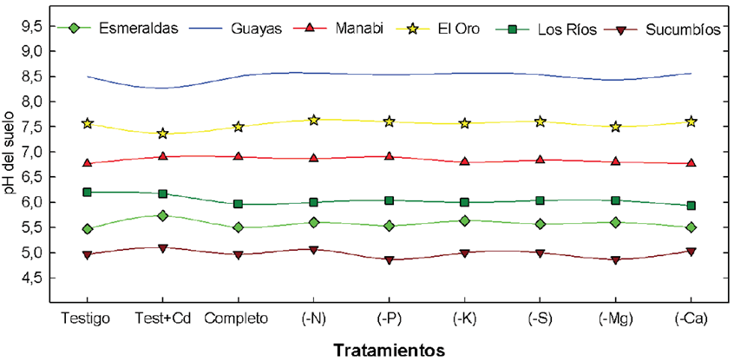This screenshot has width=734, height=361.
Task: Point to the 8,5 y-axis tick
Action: click(31, 76)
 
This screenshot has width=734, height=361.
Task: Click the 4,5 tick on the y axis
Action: click(31, 279)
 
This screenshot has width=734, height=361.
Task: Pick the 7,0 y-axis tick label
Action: click(31, 153)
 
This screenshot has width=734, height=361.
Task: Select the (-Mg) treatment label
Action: click(615, 318)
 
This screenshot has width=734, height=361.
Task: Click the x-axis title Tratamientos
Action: click(390, 350)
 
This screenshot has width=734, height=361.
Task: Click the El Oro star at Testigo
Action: click(87, 124)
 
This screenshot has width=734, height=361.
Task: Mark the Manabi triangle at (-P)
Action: click(390, 156)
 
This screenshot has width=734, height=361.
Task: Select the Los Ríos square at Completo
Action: click(239, 204)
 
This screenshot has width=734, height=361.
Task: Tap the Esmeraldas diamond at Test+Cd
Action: click(162, 215)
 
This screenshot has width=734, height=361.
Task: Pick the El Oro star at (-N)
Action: click(314, 120)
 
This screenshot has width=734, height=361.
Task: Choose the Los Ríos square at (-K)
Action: click(465, 202)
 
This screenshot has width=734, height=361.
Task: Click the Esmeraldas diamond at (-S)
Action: click(541, 224)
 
